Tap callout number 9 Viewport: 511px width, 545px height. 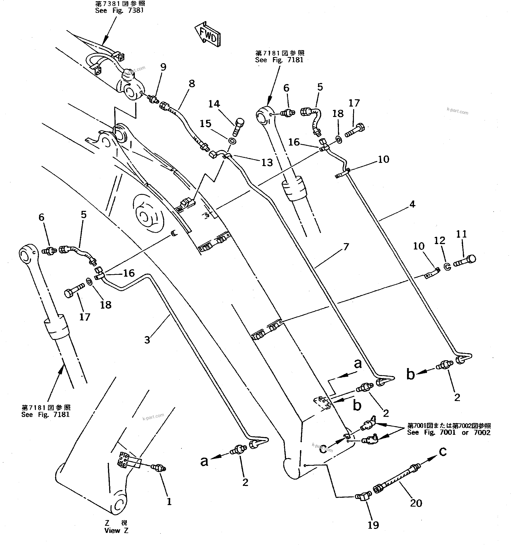[163, 67]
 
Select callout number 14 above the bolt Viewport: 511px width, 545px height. [214, 104]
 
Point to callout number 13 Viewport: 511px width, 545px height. [267, 163]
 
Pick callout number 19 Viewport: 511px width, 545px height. [373, 525]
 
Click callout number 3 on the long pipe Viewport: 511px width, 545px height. [147, 340]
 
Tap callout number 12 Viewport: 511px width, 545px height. [439, 240]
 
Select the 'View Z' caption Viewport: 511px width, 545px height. [116, 538]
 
